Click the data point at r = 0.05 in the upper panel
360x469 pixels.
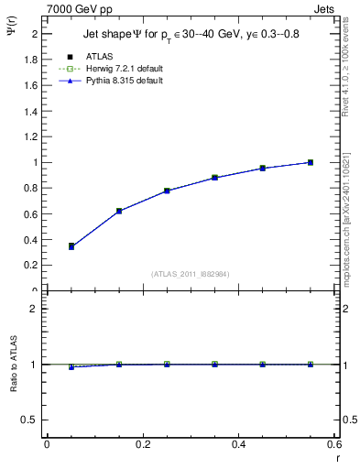[x=71, y=246]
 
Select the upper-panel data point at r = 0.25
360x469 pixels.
[x=167, y=191]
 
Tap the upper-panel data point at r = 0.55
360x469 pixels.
[x=311, y=162]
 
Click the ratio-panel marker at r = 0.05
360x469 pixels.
[x=71, y=366]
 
